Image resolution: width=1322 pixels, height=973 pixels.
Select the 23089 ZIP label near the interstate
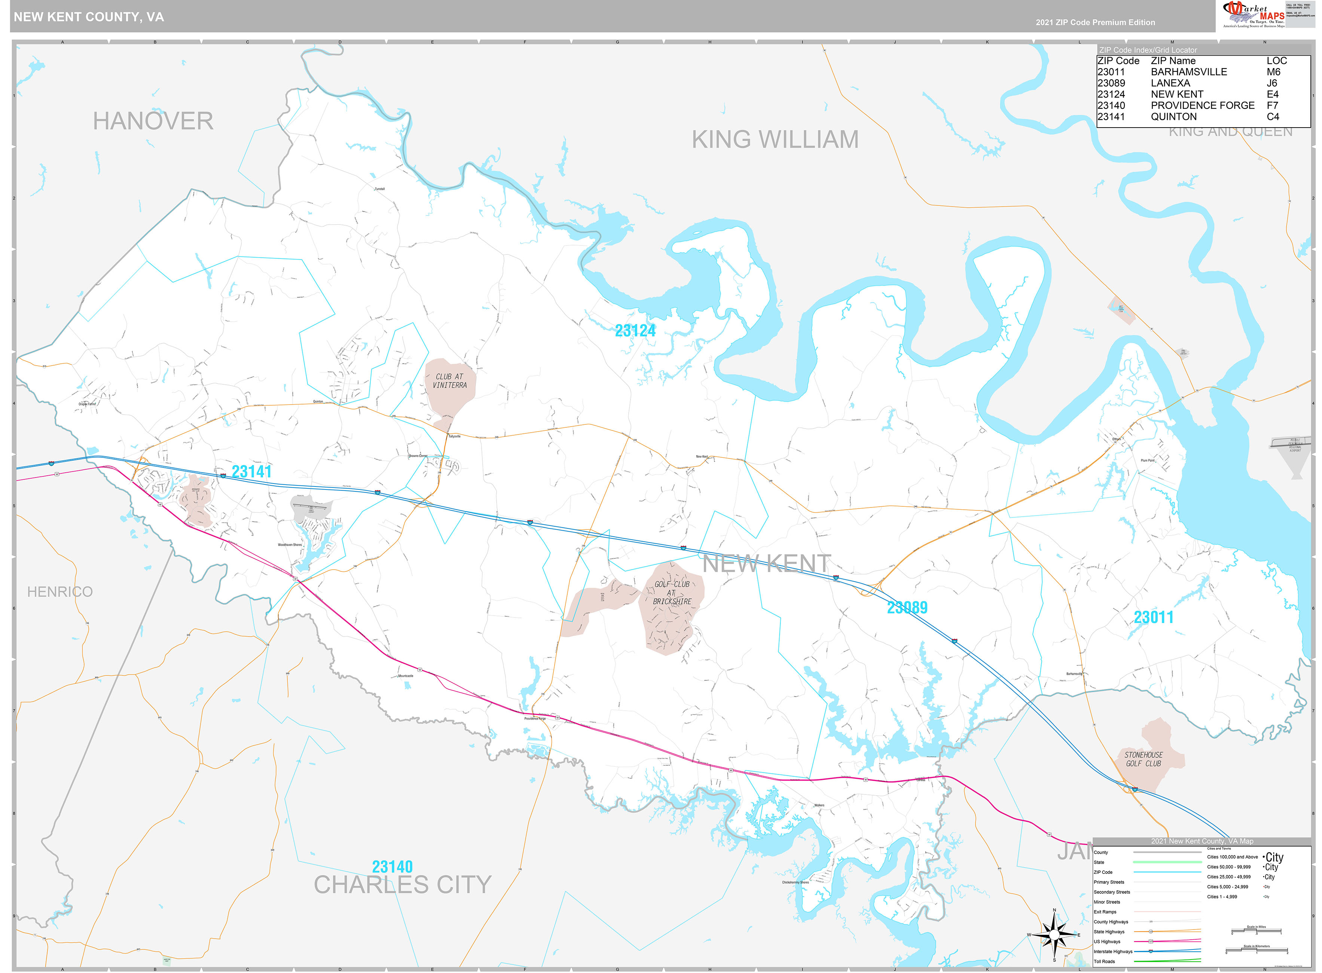click(907, 607)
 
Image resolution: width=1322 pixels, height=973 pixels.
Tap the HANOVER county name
click(153, 121)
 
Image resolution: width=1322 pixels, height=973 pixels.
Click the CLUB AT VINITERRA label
click(449, 381)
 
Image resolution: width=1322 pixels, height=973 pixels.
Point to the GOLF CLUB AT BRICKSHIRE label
click(672, 592)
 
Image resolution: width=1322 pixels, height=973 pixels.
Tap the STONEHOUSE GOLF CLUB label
click(1143, 759)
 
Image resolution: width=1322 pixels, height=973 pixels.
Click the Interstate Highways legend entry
click(1113, 951)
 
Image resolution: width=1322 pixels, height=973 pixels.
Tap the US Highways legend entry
click(1109, 941)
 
